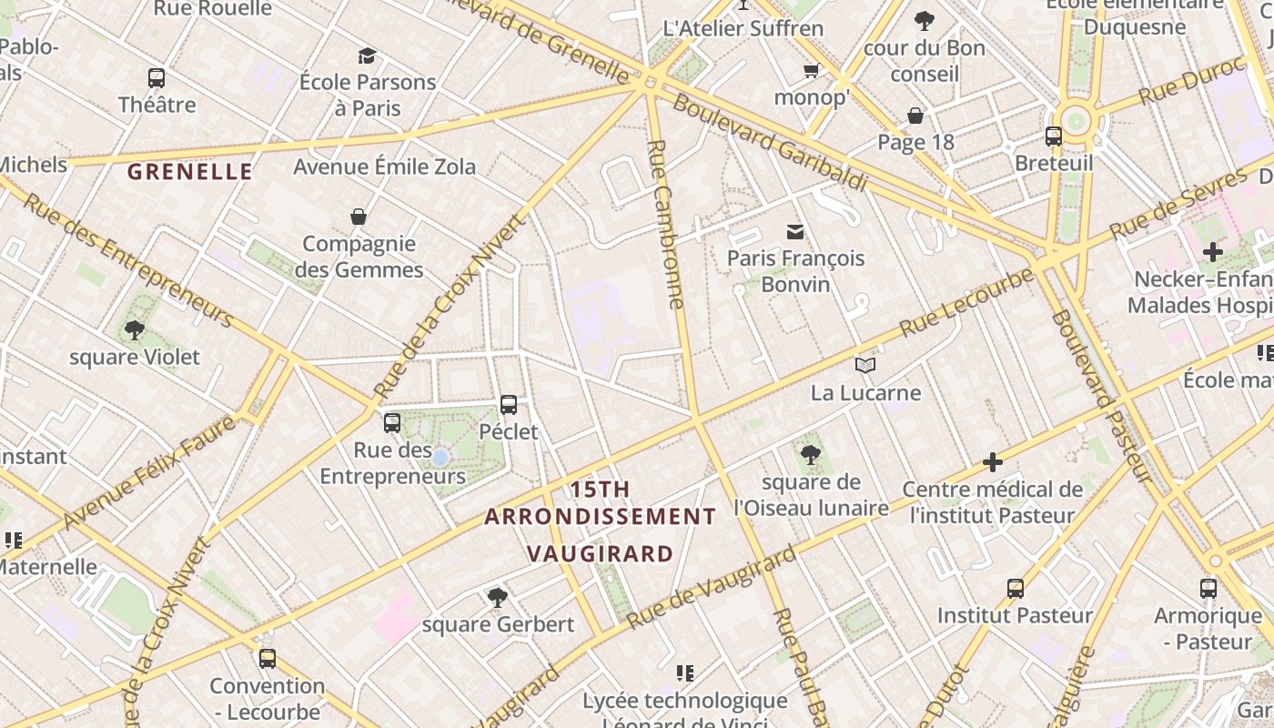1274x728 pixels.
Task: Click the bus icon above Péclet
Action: point(509,404)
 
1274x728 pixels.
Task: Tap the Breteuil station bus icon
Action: point(1054,136)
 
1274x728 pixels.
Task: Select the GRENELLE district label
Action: point(189,171)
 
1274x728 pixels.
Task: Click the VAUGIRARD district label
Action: point(601,553)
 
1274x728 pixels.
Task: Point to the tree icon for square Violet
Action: point(135,330)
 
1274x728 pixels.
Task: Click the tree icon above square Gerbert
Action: point(497,597)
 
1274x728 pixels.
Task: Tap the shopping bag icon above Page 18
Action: point(915,116)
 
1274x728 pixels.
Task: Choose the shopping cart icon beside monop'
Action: point(811,70)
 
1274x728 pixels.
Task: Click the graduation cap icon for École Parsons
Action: point(367,56)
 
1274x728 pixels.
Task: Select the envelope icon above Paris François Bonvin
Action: point(795,231)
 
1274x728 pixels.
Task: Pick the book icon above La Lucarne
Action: point(865,366)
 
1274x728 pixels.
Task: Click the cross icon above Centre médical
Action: point(992,463)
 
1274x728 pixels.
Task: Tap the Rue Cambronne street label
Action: point(665,224)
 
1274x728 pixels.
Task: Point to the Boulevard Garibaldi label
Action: point(769,143)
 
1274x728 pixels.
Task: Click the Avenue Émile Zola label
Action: point(384,167)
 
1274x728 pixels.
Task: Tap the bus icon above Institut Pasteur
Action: point(1016,589)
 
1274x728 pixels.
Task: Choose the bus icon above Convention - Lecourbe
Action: point(267,658)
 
